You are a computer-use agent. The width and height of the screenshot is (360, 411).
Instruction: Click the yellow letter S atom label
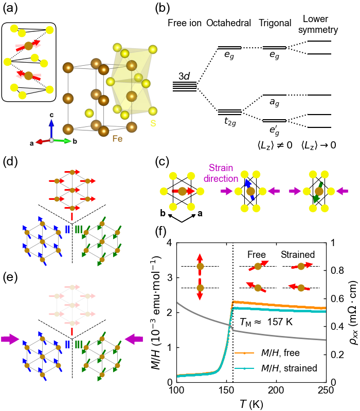point(152,124)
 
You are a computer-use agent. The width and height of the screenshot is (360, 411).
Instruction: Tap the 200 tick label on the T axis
point(276,391)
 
